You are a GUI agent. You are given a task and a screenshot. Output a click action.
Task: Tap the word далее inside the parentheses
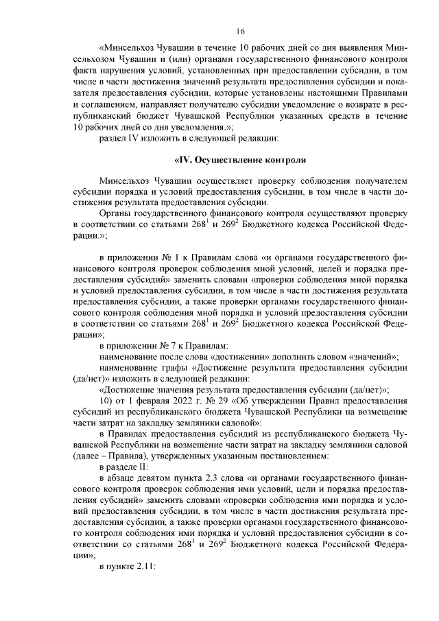pos(88,456)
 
